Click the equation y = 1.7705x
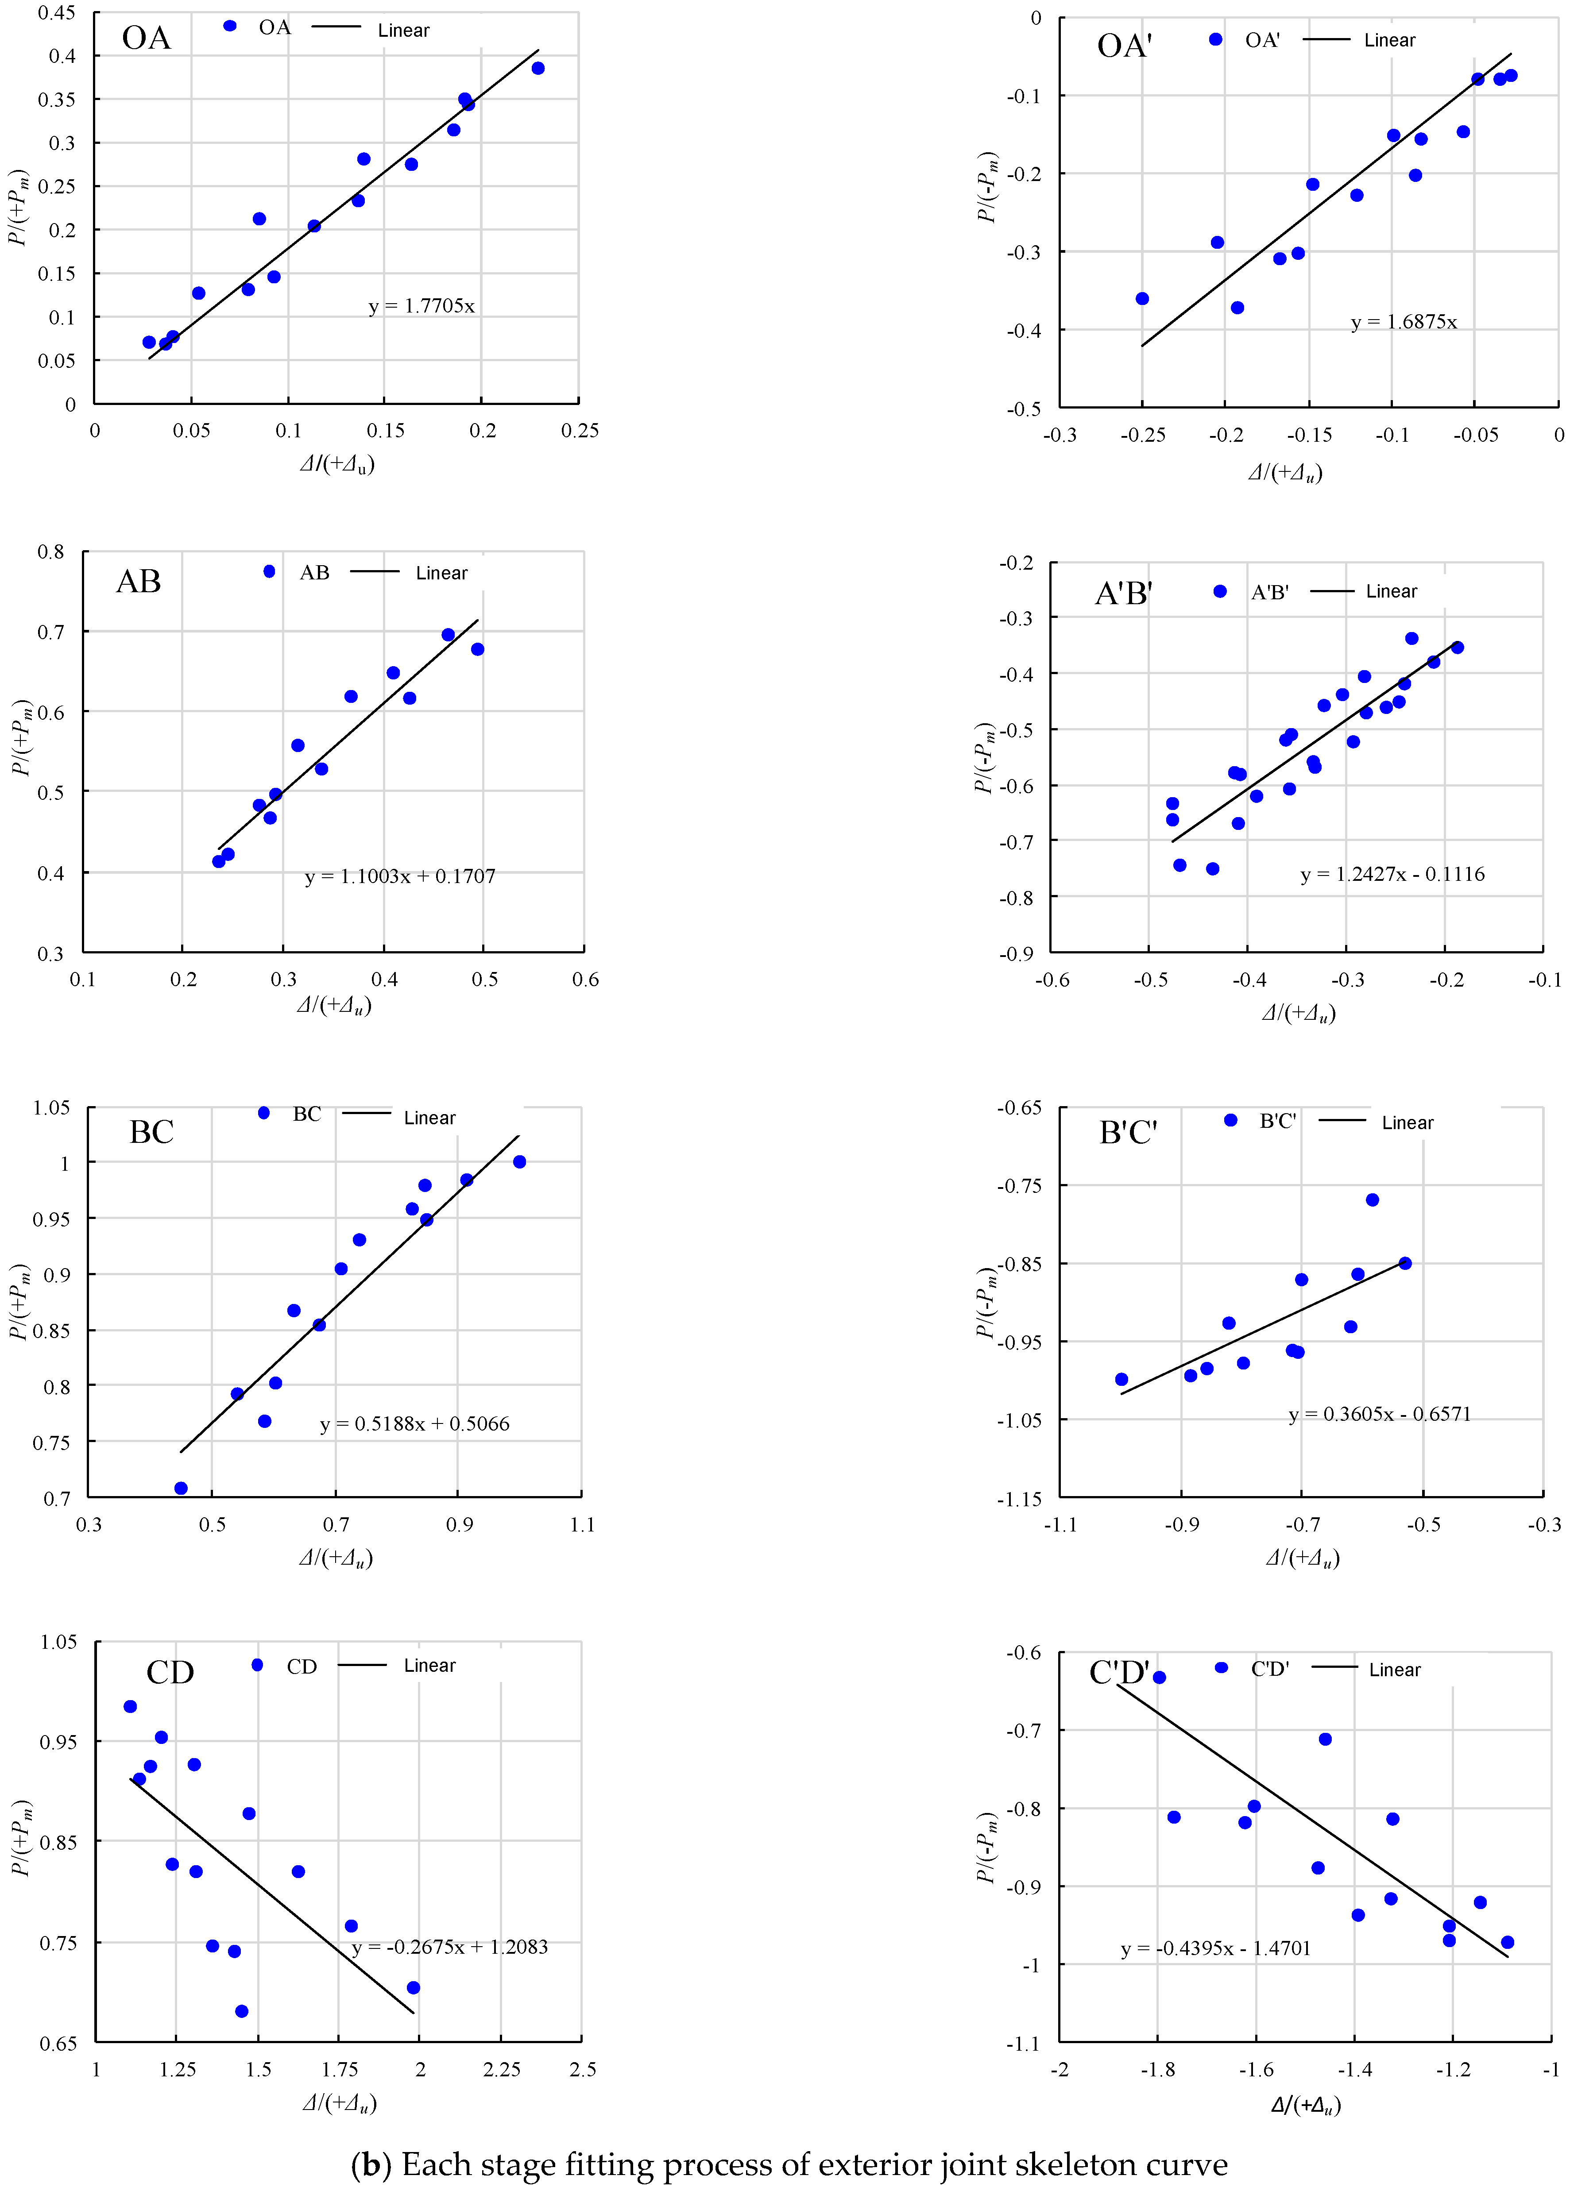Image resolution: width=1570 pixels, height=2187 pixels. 422,307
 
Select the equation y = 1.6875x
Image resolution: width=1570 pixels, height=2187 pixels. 1403,322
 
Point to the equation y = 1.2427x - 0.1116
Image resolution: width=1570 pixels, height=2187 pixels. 1392,875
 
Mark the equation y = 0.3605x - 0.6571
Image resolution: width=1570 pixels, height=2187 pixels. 1379,1415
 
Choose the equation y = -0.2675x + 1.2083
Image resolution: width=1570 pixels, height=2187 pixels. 449,1947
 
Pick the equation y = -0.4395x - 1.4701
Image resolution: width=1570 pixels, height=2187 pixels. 1215,1948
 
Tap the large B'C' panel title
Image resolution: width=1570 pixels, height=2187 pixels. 1127,1132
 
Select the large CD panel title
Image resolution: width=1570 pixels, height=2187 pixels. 170,1672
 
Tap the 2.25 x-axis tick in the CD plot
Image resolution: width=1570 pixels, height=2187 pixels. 502,2069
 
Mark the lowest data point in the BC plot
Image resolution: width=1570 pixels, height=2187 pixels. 180,1488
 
